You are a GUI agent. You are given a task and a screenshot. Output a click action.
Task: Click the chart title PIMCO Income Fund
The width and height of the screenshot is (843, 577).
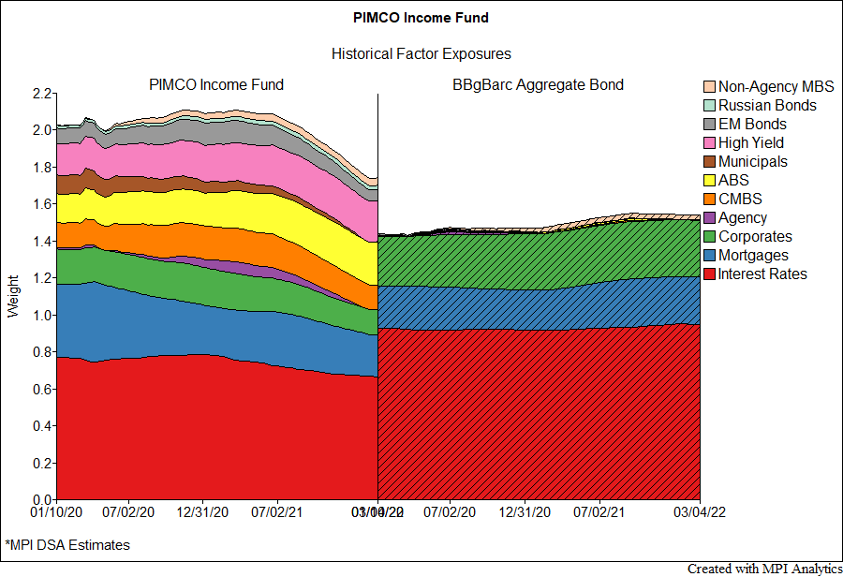[x=421, y=18]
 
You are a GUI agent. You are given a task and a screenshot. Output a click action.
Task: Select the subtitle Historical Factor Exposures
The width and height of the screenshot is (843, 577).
[x=421, y=54]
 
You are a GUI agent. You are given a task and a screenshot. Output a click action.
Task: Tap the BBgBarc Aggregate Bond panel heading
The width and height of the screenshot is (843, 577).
[x=538, y=85]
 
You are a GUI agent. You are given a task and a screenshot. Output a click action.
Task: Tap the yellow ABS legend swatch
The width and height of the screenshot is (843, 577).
[x=709, y=181]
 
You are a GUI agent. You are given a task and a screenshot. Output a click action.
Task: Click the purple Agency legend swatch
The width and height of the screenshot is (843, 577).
[x=709, y=218]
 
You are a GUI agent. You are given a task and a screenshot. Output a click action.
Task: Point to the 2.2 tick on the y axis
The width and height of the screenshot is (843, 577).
[x=41, y=94]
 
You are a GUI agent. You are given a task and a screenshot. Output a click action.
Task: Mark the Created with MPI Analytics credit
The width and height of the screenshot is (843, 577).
[x=763, y=569]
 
